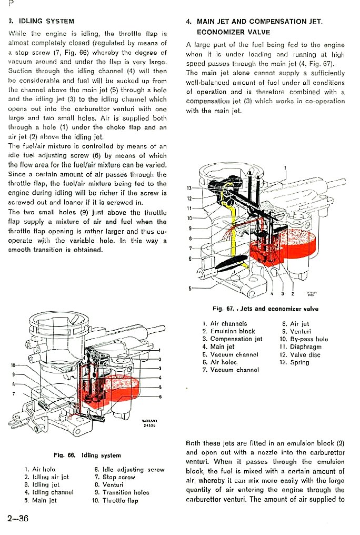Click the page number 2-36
pos(18,519)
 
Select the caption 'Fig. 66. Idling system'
pos(87,455)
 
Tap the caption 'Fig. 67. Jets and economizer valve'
pos(265,309)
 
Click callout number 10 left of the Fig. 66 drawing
pos(13,365)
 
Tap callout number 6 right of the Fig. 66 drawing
pos(159,396)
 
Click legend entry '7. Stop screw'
pos(114,477)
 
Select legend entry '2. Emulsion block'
pos(228,331)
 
